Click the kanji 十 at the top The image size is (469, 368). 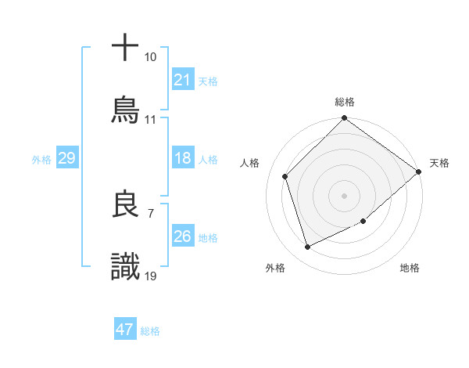126,46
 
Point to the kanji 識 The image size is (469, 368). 126,267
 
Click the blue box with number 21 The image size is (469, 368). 183,79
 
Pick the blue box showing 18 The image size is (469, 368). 183,158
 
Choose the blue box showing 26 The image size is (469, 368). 183,236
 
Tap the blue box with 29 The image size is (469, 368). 66,158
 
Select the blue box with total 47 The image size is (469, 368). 125,330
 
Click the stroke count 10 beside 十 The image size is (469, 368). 150,57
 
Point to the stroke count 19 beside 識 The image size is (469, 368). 151,276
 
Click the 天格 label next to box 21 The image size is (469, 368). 208,80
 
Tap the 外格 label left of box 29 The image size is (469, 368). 41,159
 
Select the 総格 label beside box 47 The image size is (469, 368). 150,330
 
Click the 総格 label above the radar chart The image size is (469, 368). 345,102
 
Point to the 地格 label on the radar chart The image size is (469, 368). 410,268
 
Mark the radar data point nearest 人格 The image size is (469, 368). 285,176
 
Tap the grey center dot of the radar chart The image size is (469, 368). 345,195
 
